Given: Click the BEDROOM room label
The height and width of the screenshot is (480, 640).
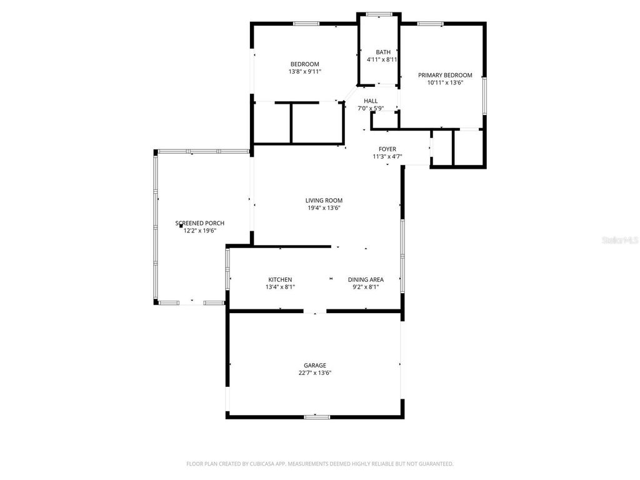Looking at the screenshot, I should coord(304,64).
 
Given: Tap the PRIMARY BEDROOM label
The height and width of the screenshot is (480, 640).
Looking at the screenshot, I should coord(445,75).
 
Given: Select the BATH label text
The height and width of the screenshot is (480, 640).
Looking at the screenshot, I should coord(383,52).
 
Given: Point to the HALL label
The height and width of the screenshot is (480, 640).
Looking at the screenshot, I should coord(371,101).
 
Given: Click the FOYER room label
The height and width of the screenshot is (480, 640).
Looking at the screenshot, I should coord(387,149).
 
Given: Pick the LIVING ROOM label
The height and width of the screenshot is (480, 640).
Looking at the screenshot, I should coord(324,201).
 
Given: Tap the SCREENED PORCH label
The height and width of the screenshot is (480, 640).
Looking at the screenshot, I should coord(200,223).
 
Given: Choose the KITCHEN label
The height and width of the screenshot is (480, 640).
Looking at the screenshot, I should coord(280,279).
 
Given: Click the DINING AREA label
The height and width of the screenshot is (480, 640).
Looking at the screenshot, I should coord(366,279).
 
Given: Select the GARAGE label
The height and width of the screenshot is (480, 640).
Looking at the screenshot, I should coord(315,366).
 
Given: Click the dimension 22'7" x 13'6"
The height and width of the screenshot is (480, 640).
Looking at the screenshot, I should coord(315,373).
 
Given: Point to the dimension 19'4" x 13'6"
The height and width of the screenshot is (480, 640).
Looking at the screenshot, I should coord(324,208).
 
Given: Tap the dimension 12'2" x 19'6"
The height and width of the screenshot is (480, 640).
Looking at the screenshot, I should coord(200,231).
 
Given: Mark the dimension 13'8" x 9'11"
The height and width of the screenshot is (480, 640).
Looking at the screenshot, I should coord(304,72).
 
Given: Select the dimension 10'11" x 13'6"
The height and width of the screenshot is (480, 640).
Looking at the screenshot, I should coord(445,82).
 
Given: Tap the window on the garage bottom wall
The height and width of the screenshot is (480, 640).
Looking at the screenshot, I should coord(317,416).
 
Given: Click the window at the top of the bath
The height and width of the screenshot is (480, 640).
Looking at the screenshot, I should coord(378,14).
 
